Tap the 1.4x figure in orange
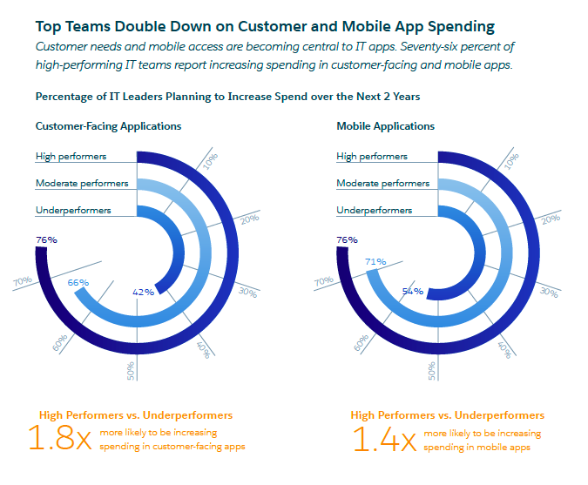pyautogui.click(x=382, y=439)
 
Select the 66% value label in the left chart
pyautogui.click(x=78, y=282)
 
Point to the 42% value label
pyautogui.click(x=143, y=292)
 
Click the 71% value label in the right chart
pyautogui.click(x=375, y=261)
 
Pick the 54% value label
pyautogui.click(x=412, y=292)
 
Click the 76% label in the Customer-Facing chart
pyautogui.click(x=46, y=239)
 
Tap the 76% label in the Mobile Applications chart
pyautogui.click(x=347, y=239)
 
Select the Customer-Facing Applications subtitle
pyautogui.click(x=108, y=126)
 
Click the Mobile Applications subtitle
pyautogui.click(x=385, y=126)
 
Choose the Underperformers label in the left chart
pyautogui.click(x=73, y=211)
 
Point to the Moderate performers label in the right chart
pyautogui.click(x=382, y=184)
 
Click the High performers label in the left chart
pyautogui.click(x=71, y=157)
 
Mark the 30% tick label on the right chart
pyautogui.click(x=549, y=292)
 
